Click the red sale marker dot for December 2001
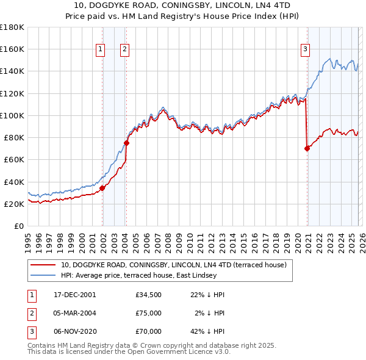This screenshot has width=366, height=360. click(102, 188)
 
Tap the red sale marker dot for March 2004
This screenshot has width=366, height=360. click(126, 143)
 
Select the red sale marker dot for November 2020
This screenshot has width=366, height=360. click(306, 148)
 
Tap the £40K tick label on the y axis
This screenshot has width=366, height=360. click(13, 182)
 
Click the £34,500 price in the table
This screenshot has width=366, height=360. click(149, 295)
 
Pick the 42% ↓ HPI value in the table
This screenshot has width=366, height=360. click(207, 331)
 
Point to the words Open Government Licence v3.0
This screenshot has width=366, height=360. click(184, 352)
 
